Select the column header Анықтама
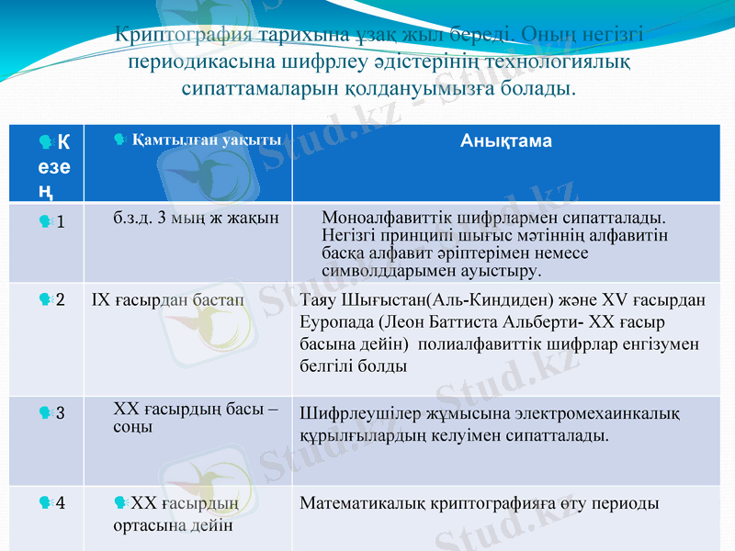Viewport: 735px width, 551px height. point(505,141)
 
